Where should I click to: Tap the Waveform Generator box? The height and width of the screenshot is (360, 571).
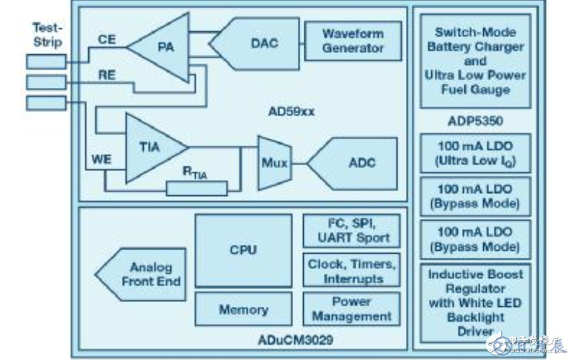[x=352, y=41]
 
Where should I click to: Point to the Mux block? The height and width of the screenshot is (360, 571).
[x=274, y=164]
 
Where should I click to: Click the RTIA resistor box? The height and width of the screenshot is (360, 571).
[x=196, y=188]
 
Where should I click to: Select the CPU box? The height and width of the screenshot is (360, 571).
[x=242, y=250]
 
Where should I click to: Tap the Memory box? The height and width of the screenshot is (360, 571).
[x=242, y=309]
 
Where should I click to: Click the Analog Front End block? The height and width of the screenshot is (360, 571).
[x=144, y=274]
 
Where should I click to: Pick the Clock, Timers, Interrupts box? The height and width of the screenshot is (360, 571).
[x=352, y=270]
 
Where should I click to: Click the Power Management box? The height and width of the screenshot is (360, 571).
[x=352, y=309]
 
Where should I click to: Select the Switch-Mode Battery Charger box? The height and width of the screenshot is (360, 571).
[x=475, y=61]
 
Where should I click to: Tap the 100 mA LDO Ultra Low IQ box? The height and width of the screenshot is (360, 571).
[x=475, y=154]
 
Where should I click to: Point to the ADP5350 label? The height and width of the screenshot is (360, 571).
[x=475, y=121]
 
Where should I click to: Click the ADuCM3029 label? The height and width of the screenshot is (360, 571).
[x=296, y=339]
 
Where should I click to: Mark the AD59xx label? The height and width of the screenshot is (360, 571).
[x=291, y=112]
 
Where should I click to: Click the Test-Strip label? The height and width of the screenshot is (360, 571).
[x=47, y=35]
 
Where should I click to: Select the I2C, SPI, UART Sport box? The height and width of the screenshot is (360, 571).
[x=352, y=231]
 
